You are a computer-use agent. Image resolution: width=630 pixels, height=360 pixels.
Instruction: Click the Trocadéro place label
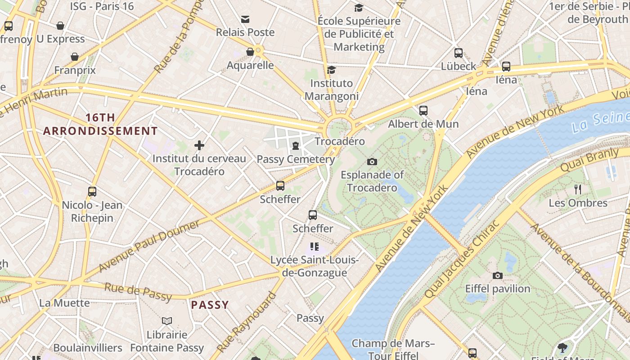point(339,141)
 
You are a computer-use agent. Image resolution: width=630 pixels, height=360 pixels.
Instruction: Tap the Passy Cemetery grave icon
point(295,146)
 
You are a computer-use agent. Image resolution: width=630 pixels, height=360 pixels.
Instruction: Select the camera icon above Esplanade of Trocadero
point(372,162)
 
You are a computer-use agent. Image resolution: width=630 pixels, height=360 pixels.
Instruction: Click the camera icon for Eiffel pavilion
point(497,275)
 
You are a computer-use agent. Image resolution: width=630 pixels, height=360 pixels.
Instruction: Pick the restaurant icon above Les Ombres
point(578,189)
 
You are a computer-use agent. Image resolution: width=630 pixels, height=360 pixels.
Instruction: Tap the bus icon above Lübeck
point(458,53)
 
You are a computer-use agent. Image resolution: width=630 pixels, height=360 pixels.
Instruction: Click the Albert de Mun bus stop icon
point(423,111)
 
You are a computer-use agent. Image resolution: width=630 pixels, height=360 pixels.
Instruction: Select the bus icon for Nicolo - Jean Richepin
point(92,192)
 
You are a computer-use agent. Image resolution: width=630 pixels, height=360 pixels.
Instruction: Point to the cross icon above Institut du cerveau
point(199,145)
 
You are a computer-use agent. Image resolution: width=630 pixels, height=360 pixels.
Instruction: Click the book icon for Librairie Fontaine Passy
point(167,321)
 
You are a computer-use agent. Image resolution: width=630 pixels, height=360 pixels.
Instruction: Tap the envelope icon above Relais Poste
point(245,19)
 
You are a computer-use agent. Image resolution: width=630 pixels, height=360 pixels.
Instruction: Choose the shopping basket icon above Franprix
point(75,57)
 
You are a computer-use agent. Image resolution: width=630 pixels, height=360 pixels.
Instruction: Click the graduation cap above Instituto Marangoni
point(332,70)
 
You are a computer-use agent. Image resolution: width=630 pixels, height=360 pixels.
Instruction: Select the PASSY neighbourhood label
point(210,305)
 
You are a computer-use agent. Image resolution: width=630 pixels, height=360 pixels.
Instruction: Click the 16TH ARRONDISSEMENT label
point(100,125)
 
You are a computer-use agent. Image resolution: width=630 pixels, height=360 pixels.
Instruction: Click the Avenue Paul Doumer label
point(148,246)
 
